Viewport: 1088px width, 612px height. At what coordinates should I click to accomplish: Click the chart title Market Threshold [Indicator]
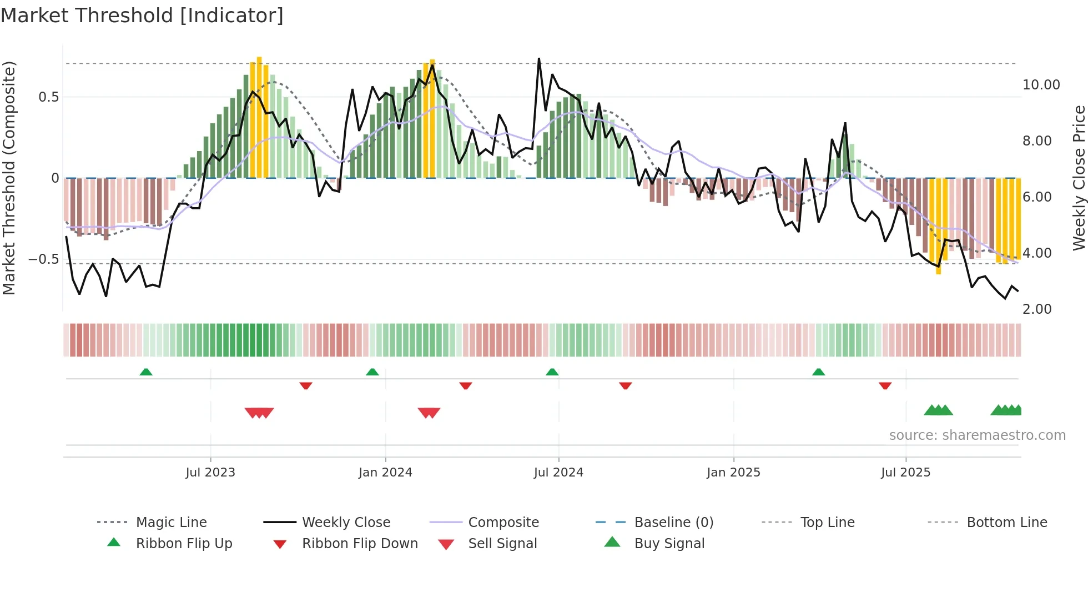[142, 16]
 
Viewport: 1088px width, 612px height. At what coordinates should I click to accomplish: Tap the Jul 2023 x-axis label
[210, 473]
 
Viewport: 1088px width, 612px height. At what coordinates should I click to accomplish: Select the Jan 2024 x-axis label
[385, 473]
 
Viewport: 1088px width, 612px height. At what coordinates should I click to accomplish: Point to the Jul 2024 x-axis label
[558, 473]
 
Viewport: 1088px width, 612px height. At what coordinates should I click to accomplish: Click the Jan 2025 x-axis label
[733, 473]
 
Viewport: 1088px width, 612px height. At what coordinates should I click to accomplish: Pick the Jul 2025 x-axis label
[905, 473]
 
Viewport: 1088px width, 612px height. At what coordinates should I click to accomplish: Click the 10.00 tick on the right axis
[1041, 85]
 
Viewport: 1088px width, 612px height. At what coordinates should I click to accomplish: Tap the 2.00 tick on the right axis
[1036, 309]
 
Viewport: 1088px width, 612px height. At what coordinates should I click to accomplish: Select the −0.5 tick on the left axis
[43, 259]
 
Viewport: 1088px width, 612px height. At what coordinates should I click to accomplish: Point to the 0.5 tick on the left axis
[48, 97]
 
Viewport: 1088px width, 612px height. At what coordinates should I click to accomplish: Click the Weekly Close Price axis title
[1079, 178]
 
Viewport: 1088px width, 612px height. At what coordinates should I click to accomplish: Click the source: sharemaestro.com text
[977, 435]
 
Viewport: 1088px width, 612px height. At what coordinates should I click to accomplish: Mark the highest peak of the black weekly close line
[538, 58]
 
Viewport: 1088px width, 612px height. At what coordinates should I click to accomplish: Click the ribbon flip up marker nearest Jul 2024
[552, 372]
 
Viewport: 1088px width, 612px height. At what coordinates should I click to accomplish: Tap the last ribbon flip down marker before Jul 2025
[885, 385]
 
